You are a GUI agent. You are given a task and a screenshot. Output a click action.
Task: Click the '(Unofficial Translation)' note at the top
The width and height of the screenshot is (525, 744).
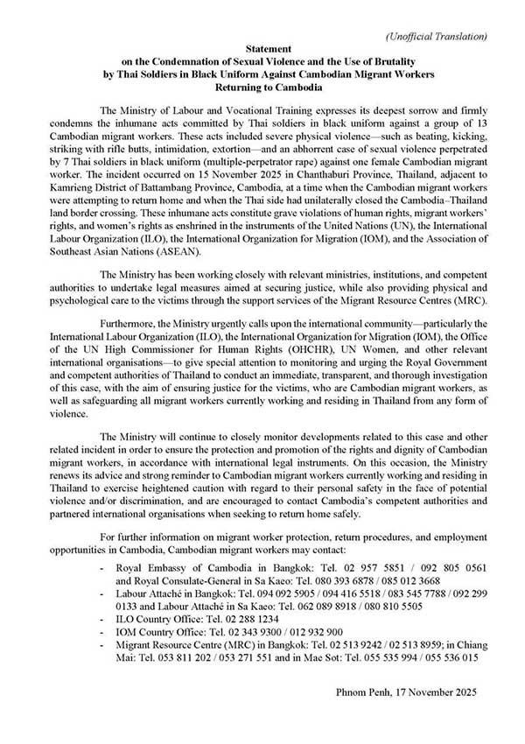437,36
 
